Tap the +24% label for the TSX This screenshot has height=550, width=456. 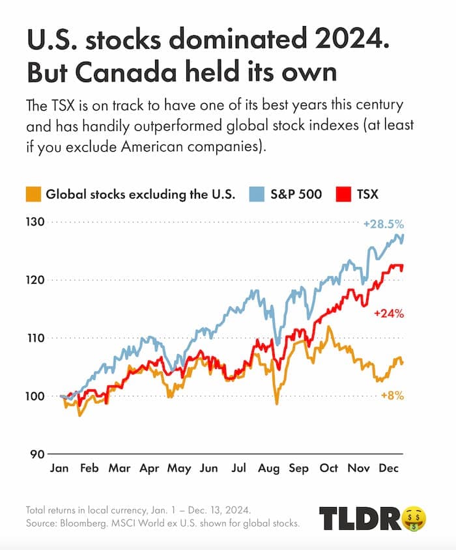[389, 314]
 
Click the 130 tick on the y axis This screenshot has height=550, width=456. [35, 222]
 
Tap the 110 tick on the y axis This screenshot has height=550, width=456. [35, 338]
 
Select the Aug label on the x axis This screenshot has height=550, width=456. [268, 469]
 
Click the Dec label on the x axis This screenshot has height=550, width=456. [388, 469]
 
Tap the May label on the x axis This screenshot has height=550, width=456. [179, 469]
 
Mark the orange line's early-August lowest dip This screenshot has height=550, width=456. [277, 404]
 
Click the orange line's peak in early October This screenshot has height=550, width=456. [329, 327]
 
